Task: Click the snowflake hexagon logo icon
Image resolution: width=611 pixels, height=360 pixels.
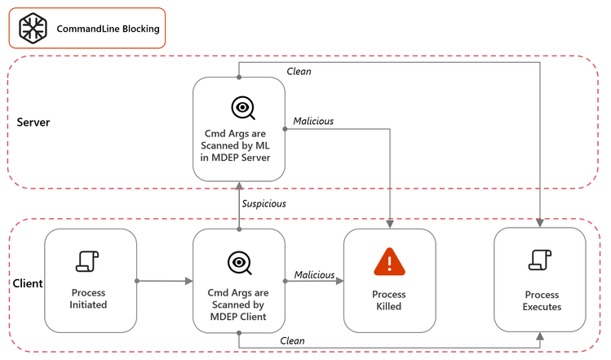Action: (33, 29)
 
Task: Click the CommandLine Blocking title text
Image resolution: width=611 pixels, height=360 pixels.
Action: (108, 29)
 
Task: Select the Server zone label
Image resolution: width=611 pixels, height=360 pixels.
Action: (33, 122)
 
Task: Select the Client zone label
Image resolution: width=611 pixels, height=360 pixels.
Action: (28, 283)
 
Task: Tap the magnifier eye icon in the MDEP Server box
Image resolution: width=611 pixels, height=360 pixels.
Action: (242, 108)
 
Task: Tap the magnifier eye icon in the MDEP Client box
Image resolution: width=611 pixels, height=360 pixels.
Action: (239, 262)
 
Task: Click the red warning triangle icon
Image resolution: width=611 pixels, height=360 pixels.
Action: (389, 261)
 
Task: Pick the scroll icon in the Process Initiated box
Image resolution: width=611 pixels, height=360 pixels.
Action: (88, 260)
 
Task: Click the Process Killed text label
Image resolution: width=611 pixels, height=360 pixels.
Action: (389, 300)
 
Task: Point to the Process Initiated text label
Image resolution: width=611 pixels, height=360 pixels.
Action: (88, 299)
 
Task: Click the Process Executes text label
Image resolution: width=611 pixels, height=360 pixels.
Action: (540, 300)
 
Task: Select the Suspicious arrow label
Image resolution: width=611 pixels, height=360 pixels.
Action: (263, 203)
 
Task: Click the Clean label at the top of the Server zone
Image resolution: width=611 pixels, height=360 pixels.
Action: (299, 71)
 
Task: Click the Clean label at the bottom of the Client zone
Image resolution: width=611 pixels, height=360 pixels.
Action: (292, 340)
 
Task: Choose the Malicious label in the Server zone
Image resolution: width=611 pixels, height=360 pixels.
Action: (313, 121)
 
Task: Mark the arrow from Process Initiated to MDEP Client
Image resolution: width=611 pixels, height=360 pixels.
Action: (164, 281)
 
